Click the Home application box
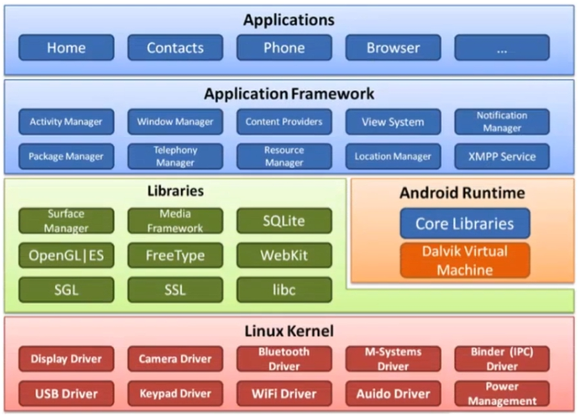(x=66, y=48)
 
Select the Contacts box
(x=175, y=48)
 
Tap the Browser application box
(x=393, y=48)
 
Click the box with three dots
(x=502, y=48)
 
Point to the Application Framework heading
(x=289, y=94)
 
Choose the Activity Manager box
(x=66, y=122)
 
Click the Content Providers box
(x=285, y=122)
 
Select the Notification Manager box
(x=502, y=122)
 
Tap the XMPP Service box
(x=502, y=156)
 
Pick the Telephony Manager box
(x=175, y=156)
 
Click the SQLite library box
(x=285, y=220)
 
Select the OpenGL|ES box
(x=66, y=255)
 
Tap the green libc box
(x=285, y=289)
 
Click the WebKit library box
(x=285, y=255)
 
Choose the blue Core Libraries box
(x=465, y=224)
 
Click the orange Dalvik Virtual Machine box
(x=465, y=260)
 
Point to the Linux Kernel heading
(x=289, y=331)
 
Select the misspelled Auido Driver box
(x=393, y=394)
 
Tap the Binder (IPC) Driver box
(x=502, y=358)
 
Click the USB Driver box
(x=66, y=394)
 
